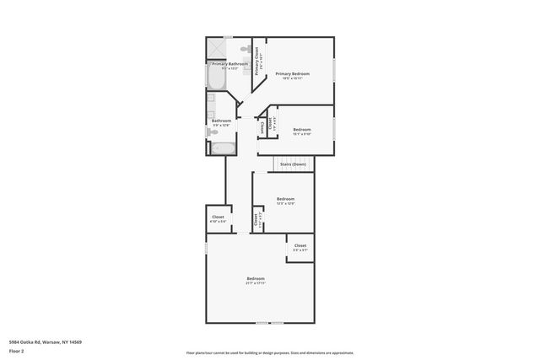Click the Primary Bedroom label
[x=293, y=74]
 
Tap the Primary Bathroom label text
[x=229, y=64]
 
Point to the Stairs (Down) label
[x=293, y=164]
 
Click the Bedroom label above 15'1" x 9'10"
[x=301, y=129]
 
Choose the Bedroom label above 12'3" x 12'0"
[x=285, y=199]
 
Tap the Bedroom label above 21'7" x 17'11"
[x=256, y=279]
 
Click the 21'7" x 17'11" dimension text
[x=256, y=283]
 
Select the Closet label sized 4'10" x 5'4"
[x=218, y=217]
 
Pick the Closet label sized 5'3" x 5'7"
[x=300, y=245]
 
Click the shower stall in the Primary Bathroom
[x=217, y=47]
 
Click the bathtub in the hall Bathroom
[x=224, y=149]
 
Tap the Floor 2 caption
[x=15, y=350]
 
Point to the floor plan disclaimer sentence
[x=269, y=353]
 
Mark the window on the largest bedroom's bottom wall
[x=269, y=323]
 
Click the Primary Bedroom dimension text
[x=293, y=78]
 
